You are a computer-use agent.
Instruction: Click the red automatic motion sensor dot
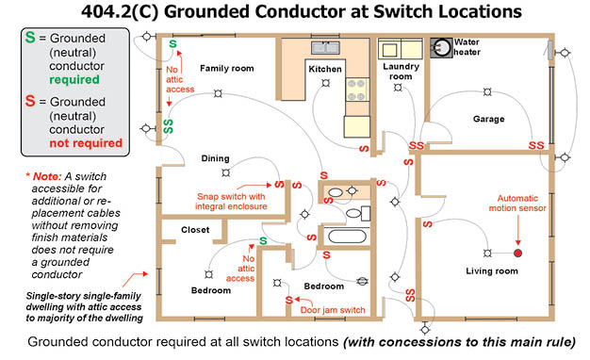click(x=517, y=254)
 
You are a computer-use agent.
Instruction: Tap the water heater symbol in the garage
click(x=441, y=48)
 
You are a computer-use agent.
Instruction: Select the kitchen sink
click(x=325, y=48)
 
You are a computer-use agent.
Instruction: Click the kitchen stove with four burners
click(x=357, y=90)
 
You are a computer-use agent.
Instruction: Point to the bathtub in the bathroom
click(x=347, y=237)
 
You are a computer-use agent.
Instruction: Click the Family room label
click(x=227, y=69)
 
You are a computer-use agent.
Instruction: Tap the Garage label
click(x=489, y=120)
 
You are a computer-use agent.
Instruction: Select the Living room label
click(x=492, y=270)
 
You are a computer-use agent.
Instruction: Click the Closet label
click(x=195, y=229)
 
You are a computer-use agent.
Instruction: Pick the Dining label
click(x=215, y=158)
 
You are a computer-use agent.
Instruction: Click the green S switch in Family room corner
click(x=172, y=44)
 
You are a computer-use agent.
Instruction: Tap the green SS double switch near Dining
click(x=168, y=126)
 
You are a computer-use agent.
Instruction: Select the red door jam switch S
click(x=288, y=301)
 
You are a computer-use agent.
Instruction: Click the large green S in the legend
click(x=30, y=38)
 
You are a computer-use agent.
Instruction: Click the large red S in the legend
click(x=30, y=101)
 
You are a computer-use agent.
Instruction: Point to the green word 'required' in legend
click(x=74, y=80)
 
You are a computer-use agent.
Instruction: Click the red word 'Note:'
click(x=47, y=176)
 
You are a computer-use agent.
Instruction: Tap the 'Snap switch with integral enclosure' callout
click(x=231, y=202)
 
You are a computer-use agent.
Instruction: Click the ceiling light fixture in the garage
click(x=487, y=91)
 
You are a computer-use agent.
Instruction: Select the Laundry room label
click(x=402, y=72)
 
